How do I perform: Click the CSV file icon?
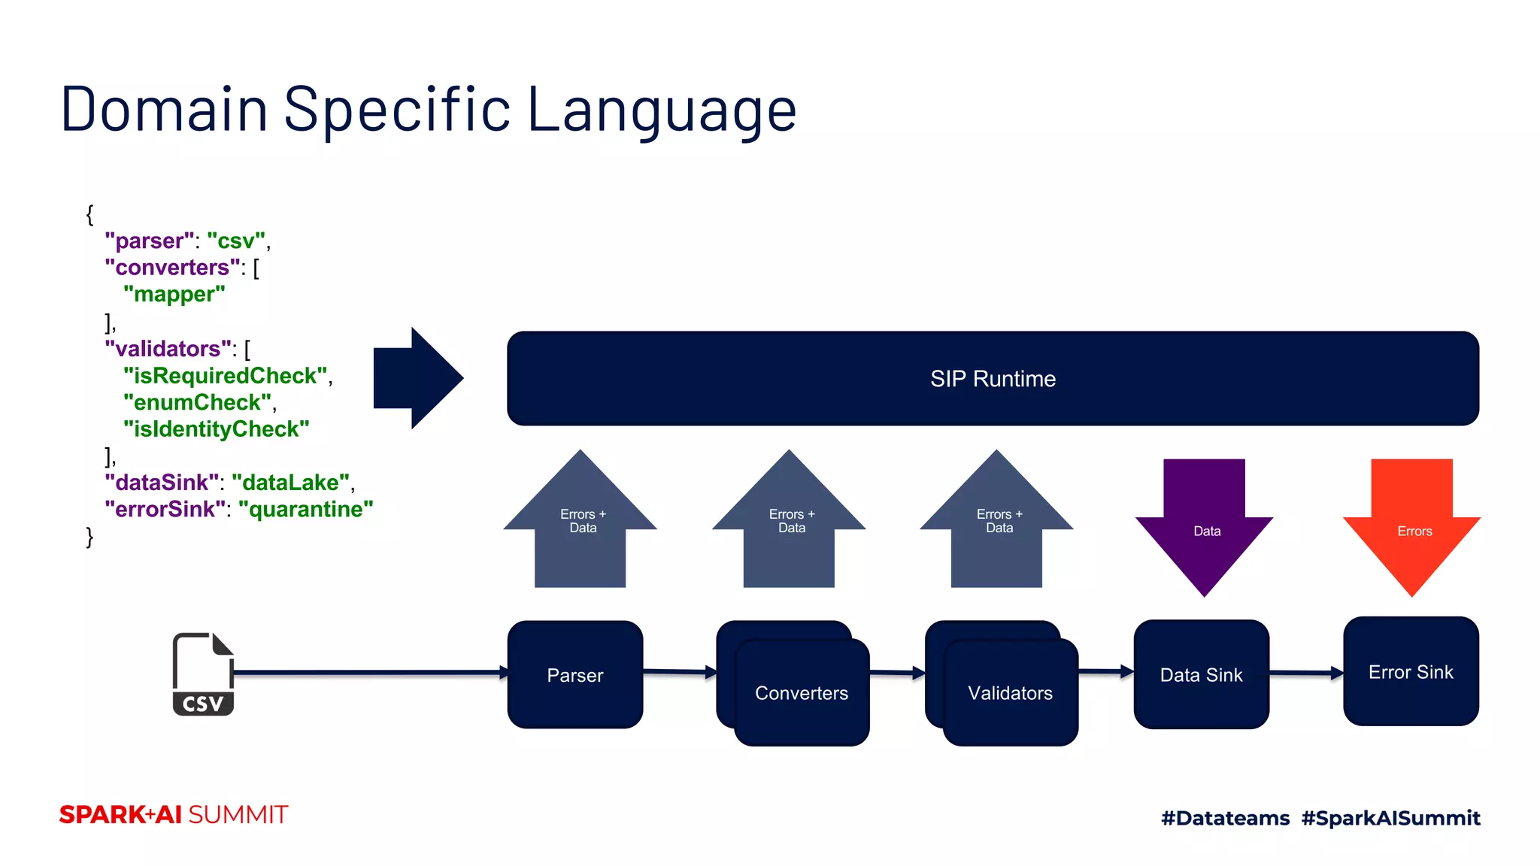click(x=203, y=674)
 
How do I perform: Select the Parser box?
click(x=575, y=674)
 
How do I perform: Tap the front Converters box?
click(x=802, y=692)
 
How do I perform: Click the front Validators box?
click(x=1010, y=692)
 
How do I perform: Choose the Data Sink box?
click(x=1201, y=674)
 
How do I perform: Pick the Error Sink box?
click(x=1411, y=671)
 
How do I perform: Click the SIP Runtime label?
click(x=993, y=378)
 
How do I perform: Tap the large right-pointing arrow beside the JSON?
click(x=417, y=378)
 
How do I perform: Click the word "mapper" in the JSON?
click(x=174, y=294)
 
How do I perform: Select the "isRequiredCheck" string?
click(x=226, y=375)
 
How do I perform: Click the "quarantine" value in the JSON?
click(x=305, y=509)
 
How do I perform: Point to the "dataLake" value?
click(x=291, y=482)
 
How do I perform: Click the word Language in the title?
click(x=662, y=110)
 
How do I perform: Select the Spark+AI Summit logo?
click(x=174, y=815)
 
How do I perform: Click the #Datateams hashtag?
click(x=1225, y=818)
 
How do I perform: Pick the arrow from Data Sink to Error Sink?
click(x=1306, y=673)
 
